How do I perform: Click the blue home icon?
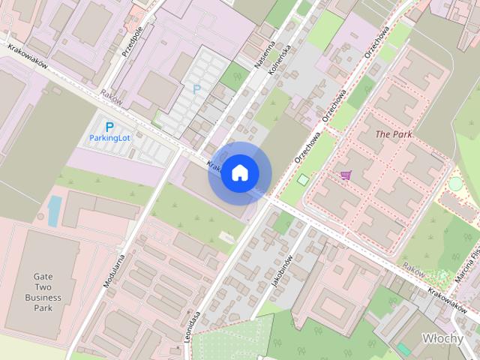[x=239, y=172]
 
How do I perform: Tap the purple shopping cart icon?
[x=345, y=175]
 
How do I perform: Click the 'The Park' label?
[x=394, y=135]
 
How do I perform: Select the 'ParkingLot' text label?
[x=110, y=138]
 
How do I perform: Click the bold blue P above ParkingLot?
[x=109, y=127]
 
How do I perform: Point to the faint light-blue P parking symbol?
[x=196, y=89]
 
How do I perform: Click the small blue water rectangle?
[x=55, y=211]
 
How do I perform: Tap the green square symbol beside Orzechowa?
[x=303, y=180]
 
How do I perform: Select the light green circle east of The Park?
[x=456, y=183]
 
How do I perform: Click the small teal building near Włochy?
[x=404, y=349]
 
